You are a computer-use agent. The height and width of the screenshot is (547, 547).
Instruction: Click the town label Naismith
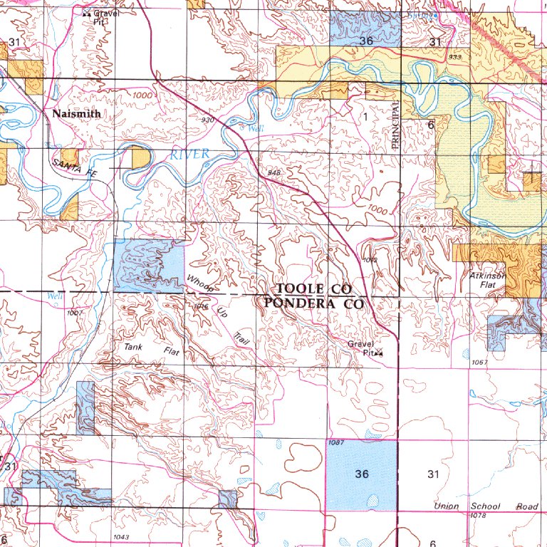(76, 113)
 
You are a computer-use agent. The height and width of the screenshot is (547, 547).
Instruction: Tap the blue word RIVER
(189, 154)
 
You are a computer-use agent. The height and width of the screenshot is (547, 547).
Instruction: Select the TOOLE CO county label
(314, 288)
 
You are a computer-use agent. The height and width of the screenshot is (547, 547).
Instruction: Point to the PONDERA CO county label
(313, 303)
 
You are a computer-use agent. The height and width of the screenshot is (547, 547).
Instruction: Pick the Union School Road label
(486, 506)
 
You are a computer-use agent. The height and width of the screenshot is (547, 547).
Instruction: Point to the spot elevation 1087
(338, 443)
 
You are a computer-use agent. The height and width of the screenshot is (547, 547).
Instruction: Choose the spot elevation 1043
(120, 536)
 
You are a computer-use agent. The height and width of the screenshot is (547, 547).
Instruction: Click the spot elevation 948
(275, 173)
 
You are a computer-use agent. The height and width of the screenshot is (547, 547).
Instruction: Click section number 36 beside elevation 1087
(363, 474)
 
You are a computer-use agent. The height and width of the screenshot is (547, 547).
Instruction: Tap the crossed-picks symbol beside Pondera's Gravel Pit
(378, 352)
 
